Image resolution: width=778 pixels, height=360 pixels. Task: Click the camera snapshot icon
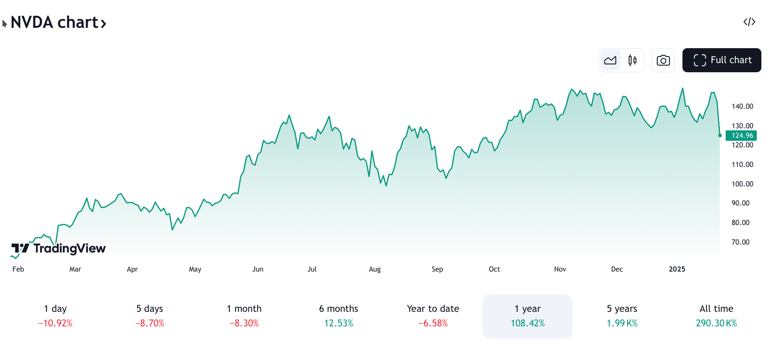[x=663, y=60]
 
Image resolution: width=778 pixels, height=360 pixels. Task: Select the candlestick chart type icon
[x=632, y=60]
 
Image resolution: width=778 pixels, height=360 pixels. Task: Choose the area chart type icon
[x=610, y=60]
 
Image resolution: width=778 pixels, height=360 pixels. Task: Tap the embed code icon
[x=749, y=22]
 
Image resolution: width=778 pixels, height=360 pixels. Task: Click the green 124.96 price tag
[x=741, y=135]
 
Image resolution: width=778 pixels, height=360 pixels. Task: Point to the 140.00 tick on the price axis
[x=742, y=106]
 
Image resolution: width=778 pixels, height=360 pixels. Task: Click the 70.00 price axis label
[x=740, y=242]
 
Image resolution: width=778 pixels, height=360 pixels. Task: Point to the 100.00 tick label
[x=742, y=184]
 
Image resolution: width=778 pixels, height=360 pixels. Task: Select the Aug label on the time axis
[x=374, y=269]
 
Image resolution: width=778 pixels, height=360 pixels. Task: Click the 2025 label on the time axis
[x=677, y=269]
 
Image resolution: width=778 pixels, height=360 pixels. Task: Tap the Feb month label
[x=18, y=269]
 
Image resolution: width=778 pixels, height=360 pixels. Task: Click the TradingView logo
[x=59, y=248]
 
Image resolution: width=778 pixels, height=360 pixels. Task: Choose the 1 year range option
[x=527, y=316]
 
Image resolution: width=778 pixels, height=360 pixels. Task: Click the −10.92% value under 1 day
[x=55, y=323]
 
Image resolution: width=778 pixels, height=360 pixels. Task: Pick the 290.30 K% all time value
[x=716, y=323]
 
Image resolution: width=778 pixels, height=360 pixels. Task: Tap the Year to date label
[x=433, y=309]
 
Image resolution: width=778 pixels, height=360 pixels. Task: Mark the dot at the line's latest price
[x=720, y=135]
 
